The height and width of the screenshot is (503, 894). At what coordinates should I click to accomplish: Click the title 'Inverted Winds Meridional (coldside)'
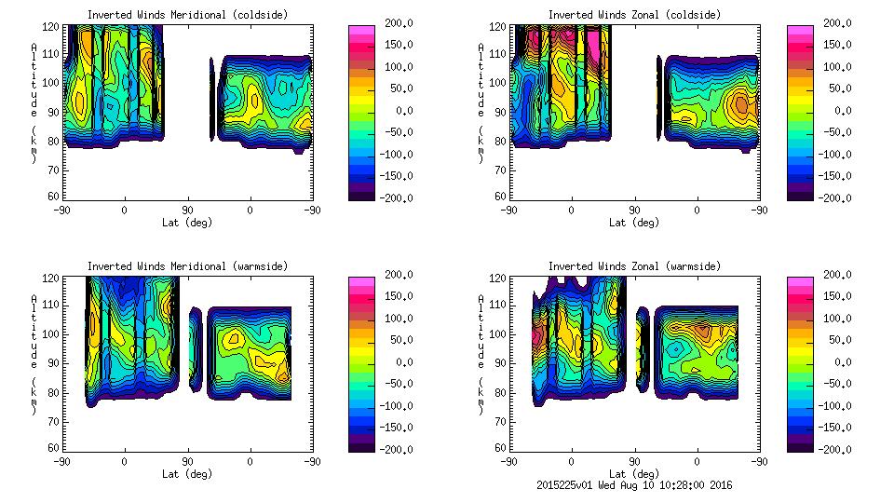[x=187, y=15]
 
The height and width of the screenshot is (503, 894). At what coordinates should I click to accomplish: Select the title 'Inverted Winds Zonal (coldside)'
[x=633, y=15]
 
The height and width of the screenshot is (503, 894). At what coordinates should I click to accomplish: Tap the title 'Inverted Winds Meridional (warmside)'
[x=187, y=266]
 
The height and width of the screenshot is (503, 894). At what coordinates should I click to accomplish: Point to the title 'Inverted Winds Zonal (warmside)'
[x=633, y=266]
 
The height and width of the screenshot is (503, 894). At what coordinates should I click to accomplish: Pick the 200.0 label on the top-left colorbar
[x=396, y=23]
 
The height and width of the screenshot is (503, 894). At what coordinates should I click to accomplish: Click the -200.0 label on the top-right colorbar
[x=835, y=198]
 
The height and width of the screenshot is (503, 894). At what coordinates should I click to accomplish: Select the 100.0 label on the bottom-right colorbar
[x=835, y=319]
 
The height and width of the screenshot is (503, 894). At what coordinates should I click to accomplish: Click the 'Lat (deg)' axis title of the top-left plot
[x=187, y=223]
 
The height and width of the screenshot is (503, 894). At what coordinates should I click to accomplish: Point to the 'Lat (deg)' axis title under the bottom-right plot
[x=633, y=474]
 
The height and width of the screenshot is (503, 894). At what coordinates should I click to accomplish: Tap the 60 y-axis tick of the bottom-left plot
[x=55, y=447]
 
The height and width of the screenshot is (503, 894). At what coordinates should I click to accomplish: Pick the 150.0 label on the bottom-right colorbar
[x=835, y=296]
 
